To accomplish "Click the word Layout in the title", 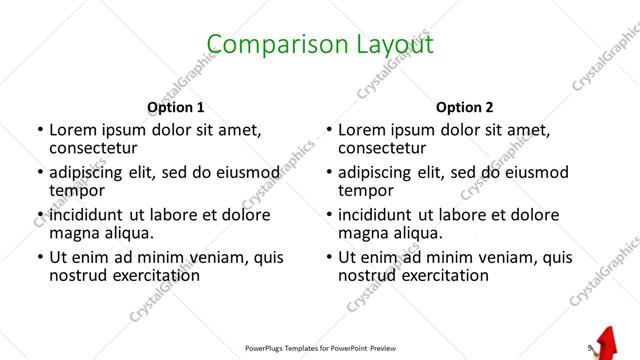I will (x=388, y=44).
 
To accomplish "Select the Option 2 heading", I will (x=464, y=107).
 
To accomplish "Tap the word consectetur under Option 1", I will (x=99, y=148).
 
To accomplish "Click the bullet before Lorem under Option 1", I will (x=39, y=131).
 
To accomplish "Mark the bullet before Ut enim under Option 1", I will (x=39, y=257).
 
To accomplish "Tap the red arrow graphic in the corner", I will (x=607, y=343).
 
